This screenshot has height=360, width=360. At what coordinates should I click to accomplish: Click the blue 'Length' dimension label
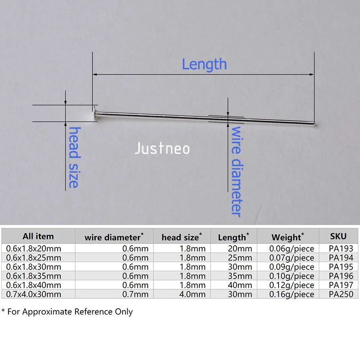point(204,64)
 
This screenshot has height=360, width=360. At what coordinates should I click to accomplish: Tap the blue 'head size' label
point(74,157)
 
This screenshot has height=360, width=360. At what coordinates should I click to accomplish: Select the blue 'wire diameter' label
point(237,171)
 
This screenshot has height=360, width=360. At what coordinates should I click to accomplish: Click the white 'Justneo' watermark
point(162,148)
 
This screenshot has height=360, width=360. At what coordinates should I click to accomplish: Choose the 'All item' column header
point(38,236)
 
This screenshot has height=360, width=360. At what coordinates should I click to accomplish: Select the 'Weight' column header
point(287,237)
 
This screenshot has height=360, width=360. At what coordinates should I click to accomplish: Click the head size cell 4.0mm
point(193,294)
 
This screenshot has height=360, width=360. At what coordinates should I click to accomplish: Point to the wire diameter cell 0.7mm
point(135,294)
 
